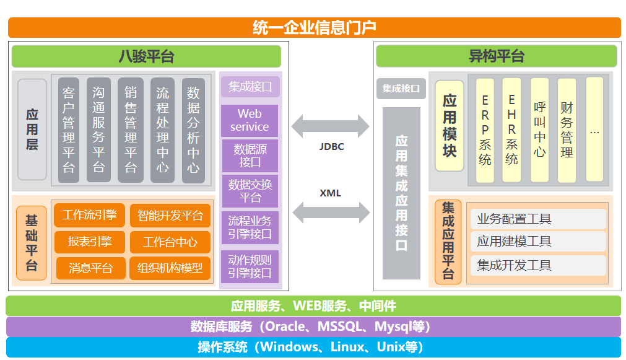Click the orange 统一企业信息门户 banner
tap(314, 27)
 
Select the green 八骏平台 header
tap(146, 56)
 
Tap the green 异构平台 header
tap(497, 56)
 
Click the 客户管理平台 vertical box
tap(69, 130)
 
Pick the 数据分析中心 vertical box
tap(193, 130)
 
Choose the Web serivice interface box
tap(250, 120)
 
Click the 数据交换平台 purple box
tap(250, 190)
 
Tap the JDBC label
tap(331, 147)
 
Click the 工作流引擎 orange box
tap(90, 215)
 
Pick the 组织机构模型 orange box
tap(170, 268)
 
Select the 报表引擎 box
tap(90, 242)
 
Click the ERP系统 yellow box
tap(485, 130)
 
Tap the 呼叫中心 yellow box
tap(540, 130)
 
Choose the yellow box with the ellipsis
tap(594, 130)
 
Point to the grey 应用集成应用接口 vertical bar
tap(401, 193)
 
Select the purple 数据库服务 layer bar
tap(313, 327)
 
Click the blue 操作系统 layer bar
tap(313, 347)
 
